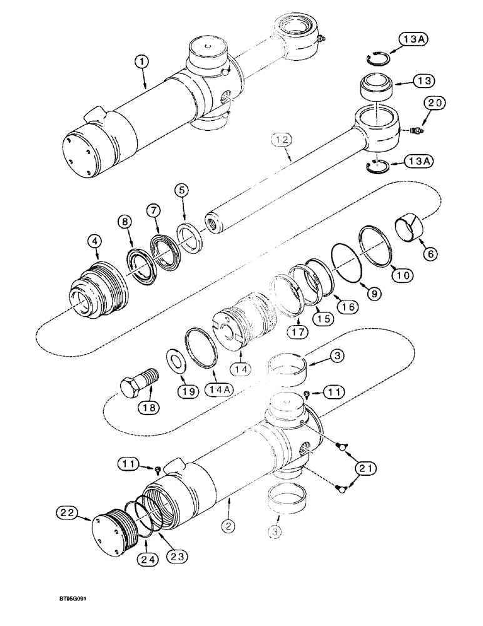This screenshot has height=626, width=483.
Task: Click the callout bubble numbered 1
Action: [143, 62]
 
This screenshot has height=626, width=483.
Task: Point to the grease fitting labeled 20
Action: [414, 131]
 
